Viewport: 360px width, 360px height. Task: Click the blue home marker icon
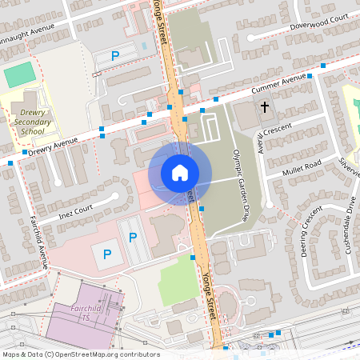[180, 172]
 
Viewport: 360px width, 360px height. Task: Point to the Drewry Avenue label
[52, 145]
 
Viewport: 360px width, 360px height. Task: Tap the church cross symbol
[265, 106]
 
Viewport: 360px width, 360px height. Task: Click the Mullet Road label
[301, 166]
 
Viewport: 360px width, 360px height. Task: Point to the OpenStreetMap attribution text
[81, 354]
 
